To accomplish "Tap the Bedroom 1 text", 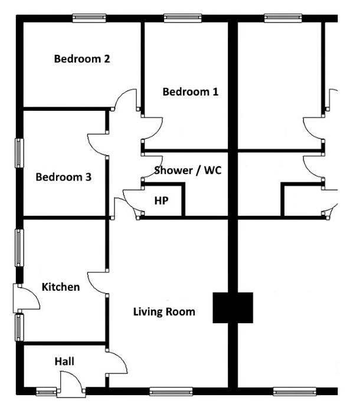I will tap(190, 92).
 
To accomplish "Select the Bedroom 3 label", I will tap(63, 177).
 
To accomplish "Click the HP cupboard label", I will tap(161, 200).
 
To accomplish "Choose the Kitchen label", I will tap(60, 287).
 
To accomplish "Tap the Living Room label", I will tap(163, 311).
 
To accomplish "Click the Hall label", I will tap(64, 360).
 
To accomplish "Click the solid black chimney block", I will tap(233, 308).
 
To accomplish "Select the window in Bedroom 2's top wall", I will tap(89, 18).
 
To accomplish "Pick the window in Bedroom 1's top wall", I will tap(181, 18).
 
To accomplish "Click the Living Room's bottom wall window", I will tap(171, 391).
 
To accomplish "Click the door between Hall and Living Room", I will tap(116, 361).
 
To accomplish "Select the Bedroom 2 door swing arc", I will tap(126, 101).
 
